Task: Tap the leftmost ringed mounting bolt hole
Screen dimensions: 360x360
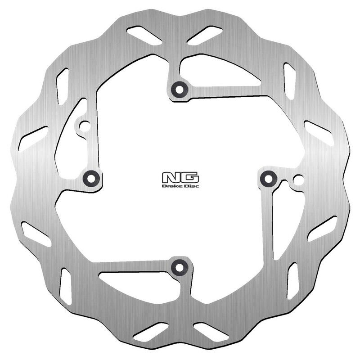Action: pos(91,178)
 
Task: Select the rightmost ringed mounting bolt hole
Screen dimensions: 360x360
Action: pos(269,179)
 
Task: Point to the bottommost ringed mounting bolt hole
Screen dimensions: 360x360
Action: pos(180,267)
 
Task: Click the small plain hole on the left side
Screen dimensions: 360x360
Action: pos(83,126)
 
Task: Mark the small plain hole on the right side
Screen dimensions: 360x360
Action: pos(296,180)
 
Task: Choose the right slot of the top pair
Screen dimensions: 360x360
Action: pos(205,35)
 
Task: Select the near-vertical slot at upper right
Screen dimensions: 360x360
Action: pos(289,81)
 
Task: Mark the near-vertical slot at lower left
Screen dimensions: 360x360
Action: pos(67,285)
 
